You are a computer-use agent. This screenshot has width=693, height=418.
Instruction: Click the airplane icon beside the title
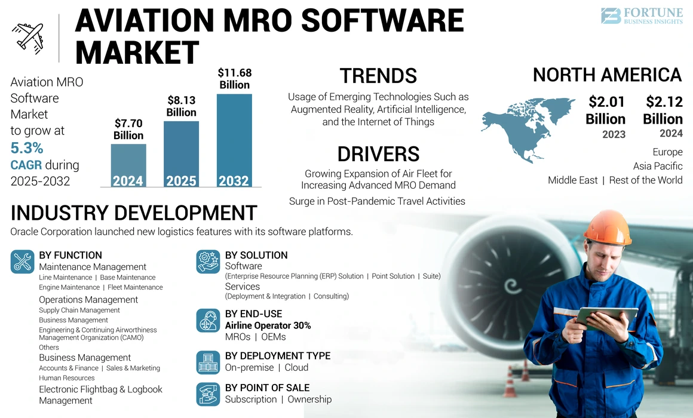[x=27, y=37]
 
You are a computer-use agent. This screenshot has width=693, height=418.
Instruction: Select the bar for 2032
[x=234, y=140]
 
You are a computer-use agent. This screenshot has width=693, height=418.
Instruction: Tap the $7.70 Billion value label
[x=128, y=130]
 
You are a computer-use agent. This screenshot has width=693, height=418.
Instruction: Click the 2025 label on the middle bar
[x=181, y=180]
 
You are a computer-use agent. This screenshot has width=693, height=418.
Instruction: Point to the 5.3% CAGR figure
[x=27, y=148]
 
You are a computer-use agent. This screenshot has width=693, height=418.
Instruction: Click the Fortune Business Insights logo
[x=641, y=16]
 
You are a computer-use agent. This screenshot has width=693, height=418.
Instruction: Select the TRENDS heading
[x=378, y=76]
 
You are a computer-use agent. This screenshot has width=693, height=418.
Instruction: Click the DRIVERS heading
[x=378, y=154]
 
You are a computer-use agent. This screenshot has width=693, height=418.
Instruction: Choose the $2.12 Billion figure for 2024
[x=663, y=110]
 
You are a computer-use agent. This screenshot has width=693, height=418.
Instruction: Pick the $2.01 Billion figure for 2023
[x=606, y=110]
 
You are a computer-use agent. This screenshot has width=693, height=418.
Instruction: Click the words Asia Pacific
[x=657, y=166]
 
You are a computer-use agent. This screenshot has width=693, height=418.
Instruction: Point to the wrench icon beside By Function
[x=23, y=262]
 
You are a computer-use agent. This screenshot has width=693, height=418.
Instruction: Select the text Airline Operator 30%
[x=268, y=325]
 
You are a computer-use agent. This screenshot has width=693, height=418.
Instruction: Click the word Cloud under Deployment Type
[x=296, y=367]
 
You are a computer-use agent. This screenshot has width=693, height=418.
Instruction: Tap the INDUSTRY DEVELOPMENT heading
[x=134, y=213]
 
